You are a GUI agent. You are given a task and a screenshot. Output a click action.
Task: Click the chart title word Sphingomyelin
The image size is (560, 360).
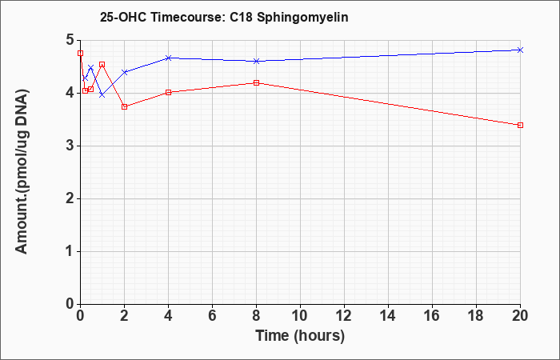click(302, 18)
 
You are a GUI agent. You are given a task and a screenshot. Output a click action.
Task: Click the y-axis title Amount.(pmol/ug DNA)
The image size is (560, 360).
click(22, 172)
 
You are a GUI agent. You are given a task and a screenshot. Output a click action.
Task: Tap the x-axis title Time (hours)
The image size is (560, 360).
click(300, 336)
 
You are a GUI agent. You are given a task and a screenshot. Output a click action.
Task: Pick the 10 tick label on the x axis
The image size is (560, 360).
click(300, 316)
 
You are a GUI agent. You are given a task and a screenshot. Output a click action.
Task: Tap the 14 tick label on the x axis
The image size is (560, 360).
click(388, 316)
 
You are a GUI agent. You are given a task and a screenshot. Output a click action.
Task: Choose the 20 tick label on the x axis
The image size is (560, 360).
click(520, 316)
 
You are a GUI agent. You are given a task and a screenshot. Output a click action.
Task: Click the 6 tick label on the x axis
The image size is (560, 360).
click(212, 316)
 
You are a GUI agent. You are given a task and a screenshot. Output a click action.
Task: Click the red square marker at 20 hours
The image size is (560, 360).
click(520, 125)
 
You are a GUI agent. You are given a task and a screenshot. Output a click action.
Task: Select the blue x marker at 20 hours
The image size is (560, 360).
click(520, 50)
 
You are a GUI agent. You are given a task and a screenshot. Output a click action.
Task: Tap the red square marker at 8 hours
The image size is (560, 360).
click(256, 83)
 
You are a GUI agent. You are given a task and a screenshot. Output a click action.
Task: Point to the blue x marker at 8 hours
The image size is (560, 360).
click(256, 61)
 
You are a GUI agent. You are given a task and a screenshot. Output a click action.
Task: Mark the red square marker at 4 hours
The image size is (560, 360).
click(169, 93)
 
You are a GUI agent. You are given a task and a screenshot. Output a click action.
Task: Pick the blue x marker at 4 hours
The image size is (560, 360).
click(169, 58)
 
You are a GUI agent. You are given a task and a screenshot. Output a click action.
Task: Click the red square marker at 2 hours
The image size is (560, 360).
click(124, 106)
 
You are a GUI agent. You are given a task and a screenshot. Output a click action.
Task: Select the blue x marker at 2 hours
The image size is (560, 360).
click(124, 72)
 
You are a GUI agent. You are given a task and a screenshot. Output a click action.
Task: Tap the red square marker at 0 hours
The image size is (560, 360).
click(80, 54)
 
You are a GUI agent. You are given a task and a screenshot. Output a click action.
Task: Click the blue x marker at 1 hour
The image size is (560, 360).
click(102, 95)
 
